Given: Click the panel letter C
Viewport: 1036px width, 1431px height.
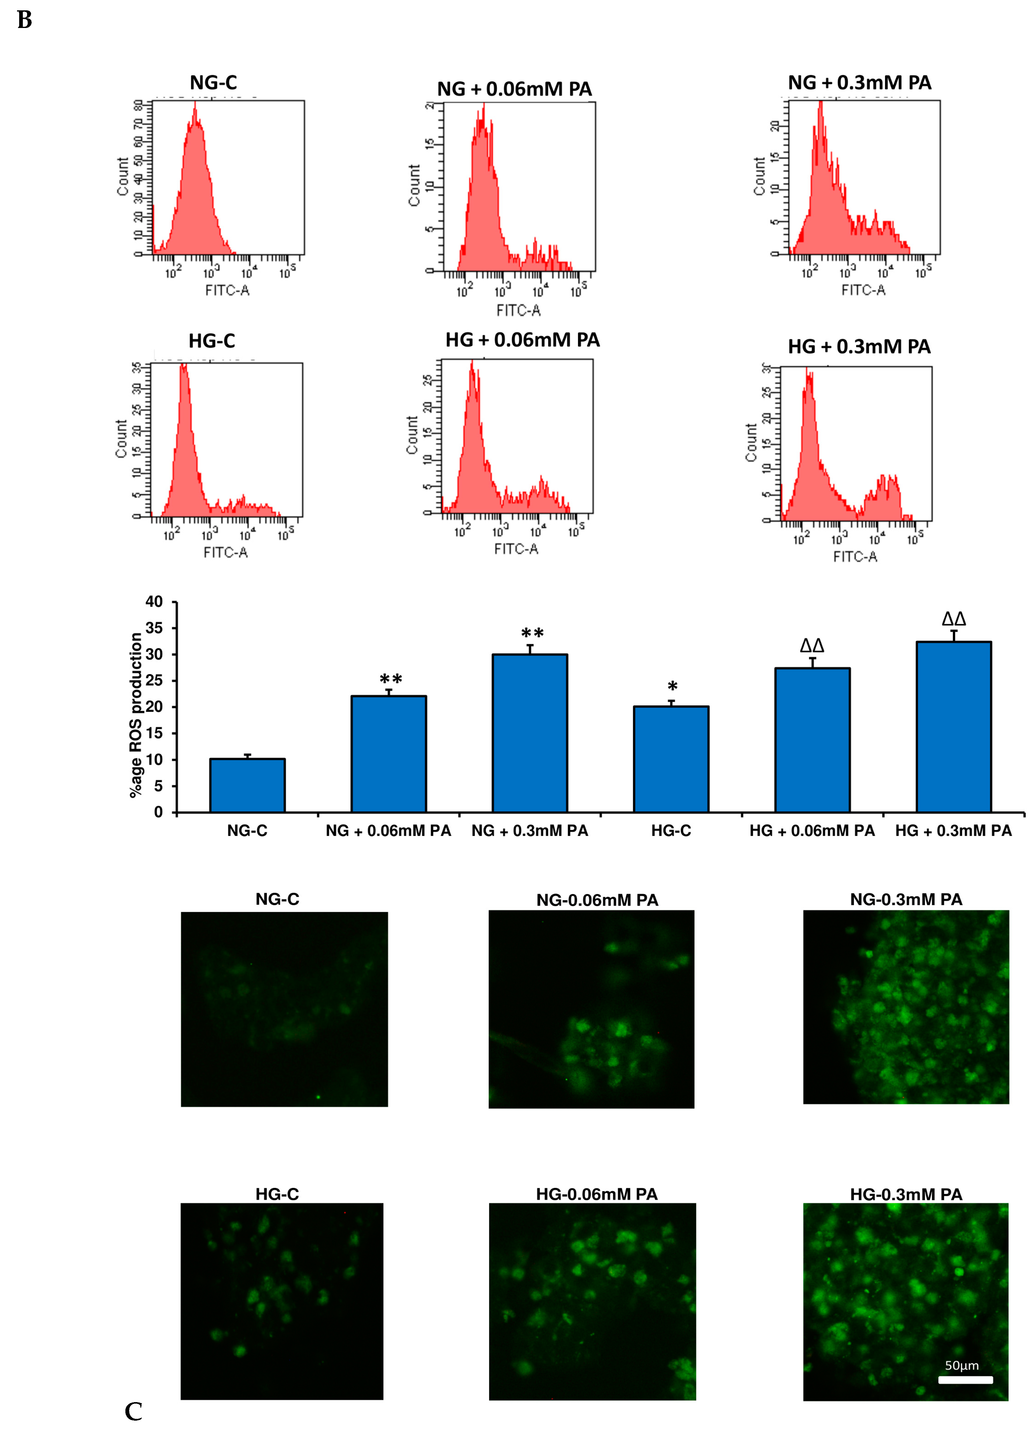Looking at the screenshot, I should click(133, 1412).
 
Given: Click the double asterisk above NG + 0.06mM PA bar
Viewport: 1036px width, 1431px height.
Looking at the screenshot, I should click(391, 679).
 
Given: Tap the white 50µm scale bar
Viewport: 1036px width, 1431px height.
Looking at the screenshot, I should click(965, 1380).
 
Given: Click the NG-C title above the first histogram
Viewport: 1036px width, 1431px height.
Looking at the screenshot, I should click(213, 83).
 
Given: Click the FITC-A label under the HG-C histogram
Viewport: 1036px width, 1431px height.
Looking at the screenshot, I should click(226, 553).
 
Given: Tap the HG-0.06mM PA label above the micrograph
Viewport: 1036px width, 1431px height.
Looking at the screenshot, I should click(597, 1194).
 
